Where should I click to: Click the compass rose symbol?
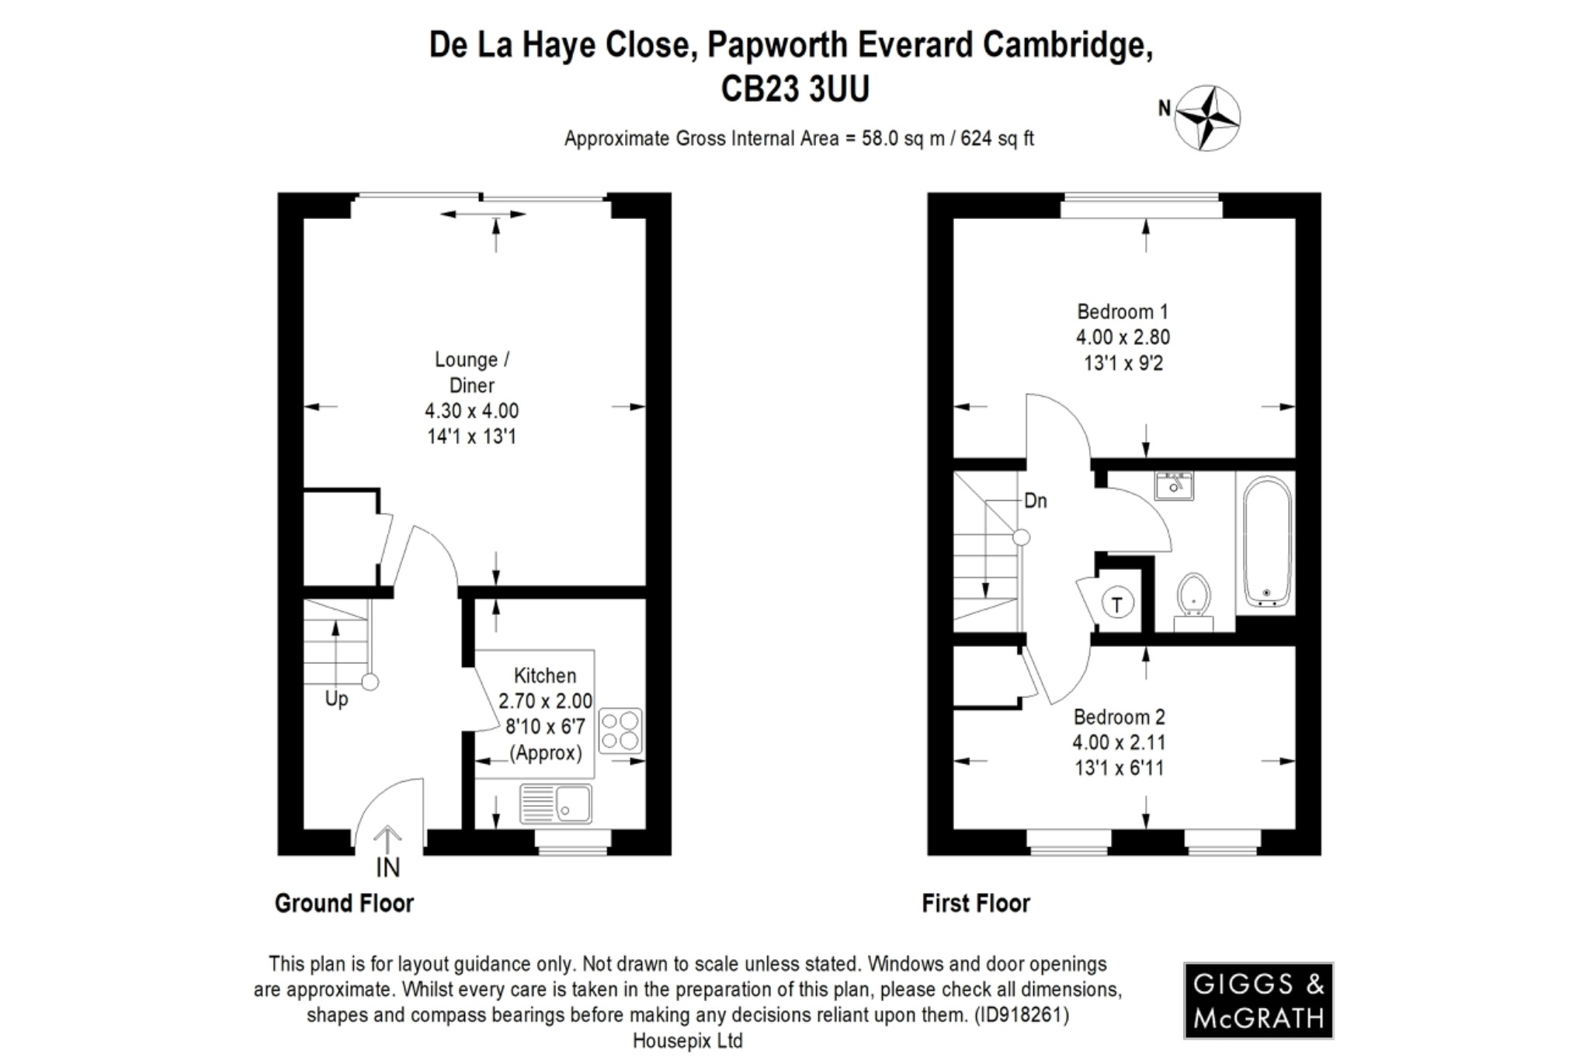coord(1206,118)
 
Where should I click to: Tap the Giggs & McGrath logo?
coord(1258,1001)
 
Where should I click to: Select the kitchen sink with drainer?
coord(556,803)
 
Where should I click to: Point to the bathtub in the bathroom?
coord(1267,541)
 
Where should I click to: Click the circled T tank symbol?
coord(1117,604)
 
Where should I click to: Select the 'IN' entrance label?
coord(387,867)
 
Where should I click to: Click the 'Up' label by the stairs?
coord(336,699)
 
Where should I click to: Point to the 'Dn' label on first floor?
coord(1036,501)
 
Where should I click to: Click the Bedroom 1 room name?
coord(1122,311)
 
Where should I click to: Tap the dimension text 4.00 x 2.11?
coord(1119,742)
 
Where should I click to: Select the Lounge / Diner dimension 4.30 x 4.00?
coord(471,411)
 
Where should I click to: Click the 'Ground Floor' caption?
coord(344,903)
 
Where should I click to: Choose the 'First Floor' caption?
coord(975,903)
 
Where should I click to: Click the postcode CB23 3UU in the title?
coord(794,89)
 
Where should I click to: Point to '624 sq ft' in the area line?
coord(997,139)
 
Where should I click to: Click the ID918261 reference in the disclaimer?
coord(1022,1015)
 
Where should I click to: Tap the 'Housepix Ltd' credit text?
coord(688,1041)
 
